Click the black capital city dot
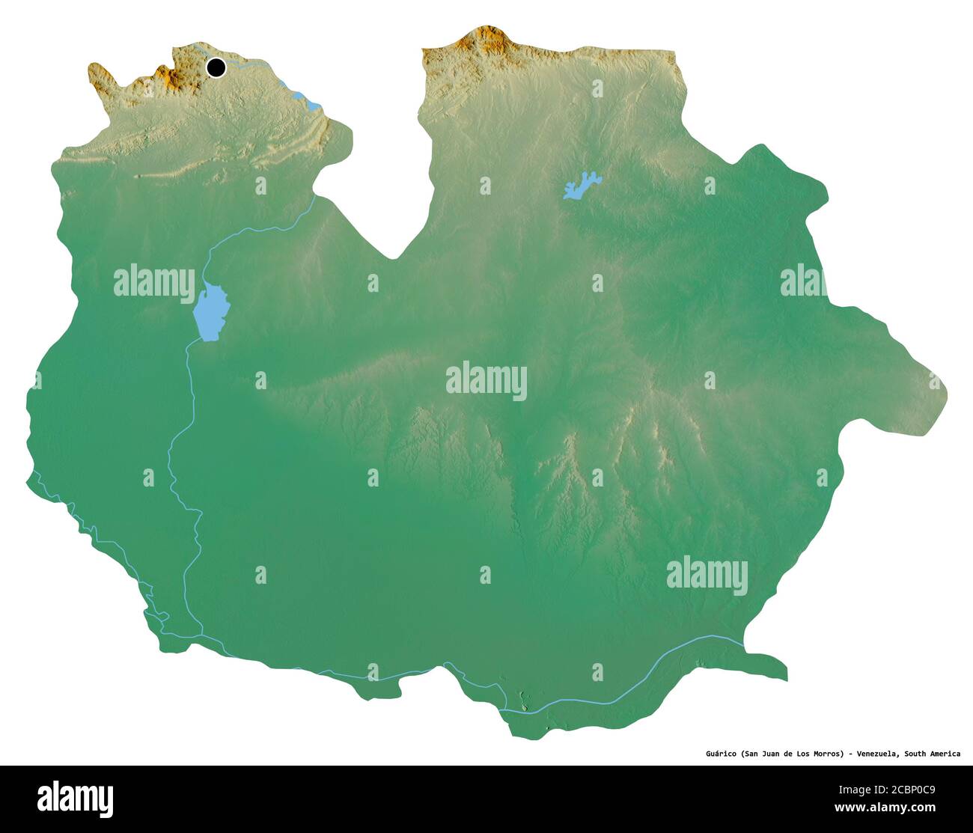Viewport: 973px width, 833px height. (216, 67)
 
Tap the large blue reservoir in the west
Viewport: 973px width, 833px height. (210, 312)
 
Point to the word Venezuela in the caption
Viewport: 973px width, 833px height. (876, 754)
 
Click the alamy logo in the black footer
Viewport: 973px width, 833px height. (75, 798)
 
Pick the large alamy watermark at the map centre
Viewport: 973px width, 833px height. (487, 380)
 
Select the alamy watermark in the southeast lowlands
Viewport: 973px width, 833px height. (707, 575)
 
